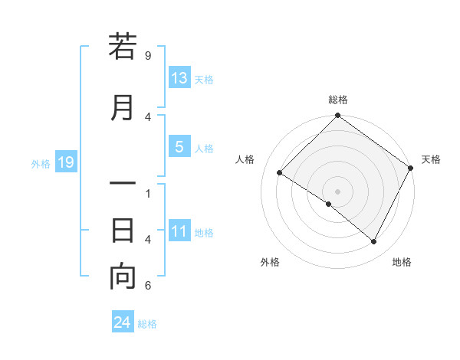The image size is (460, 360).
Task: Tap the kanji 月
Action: [123, 107]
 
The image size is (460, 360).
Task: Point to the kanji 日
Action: [123, 230]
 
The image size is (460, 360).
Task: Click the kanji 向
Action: [123, 277]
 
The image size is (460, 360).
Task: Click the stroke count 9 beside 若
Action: [148, 56]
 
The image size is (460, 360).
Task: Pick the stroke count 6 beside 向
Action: [148, 286]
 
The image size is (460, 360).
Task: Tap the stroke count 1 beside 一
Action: [148, 193]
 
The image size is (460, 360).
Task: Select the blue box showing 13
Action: [179, 78]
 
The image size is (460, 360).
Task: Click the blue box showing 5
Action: [179, 147]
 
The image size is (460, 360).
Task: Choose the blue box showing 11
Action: [179, 231]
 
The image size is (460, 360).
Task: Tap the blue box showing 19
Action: [66, 162]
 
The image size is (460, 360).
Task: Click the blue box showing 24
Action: [123, 323]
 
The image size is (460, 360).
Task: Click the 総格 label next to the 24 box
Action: [147, 324]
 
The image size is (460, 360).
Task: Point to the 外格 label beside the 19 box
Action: [41, 163]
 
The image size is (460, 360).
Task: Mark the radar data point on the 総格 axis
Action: [337, 117]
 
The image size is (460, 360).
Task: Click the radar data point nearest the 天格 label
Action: [411, 168]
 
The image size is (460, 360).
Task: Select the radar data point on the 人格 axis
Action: [280, 172]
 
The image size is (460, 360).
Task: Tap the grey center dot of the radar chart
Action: [337, 191]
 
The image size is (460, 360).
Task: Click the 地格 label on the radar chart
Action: [402, 262]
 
